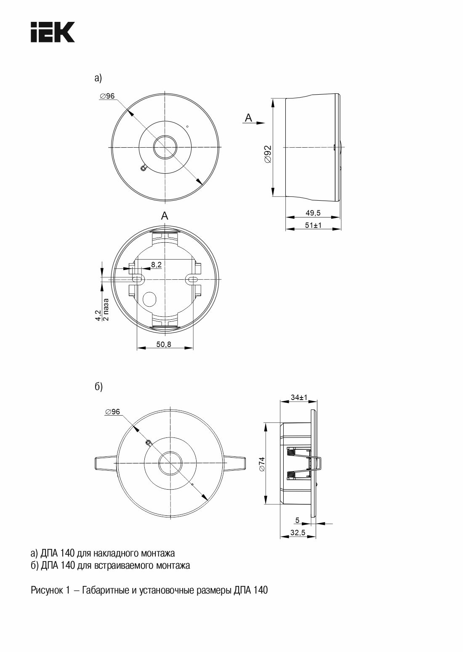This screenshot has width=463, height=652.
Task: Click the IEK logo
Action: click(53, 32)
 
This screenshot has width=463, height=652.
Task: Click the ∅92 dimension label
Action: click(268, 154)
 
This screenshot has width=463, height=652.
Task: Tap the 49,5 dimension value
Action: click(313, 213)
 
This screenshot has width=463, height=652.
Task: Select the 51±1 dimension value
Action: click(313, 225)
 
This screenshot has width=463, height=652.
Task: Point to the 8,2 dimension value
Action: click(156, 265)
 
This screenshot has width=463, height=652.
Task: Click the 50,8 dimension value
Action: click(164, 345)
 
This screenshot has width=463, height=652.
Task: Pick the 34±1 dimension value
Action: click(299, 398)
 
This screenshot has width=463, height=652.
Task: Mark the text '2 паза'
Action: click(106, 309)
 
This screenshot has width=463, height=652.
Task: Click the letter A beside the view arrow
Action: click(248, 118)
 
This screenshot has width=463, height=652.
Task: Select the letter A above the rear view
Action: click(165, 216)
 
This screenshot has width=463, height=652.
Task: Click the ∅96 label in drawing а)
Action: click(107, 96)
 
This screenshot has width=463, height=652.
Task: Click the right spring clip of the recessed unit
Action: click(235, 463)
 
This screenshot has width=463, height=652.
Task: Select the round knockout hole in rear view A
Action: click(149, 299)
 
